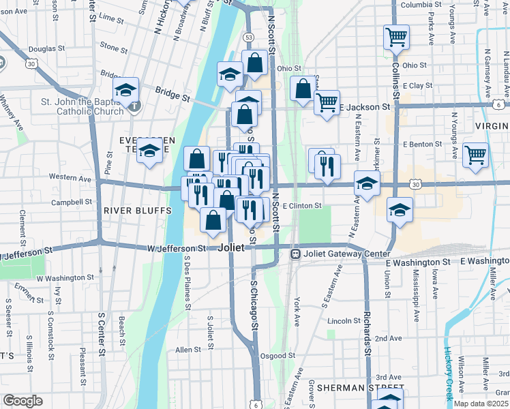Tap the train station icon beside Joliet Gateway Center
click(x=296, y=254)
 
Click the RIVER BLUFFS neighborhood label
click(x=137, y=211)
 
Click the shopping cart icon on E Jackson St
click(x=327, y=102)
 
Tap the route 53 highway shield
click(x=249, y=37)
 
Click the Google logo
click(x=22, y=400)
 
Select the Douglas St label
click(x=42, y=49)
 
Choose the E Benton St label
click(x=423, y=145)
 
